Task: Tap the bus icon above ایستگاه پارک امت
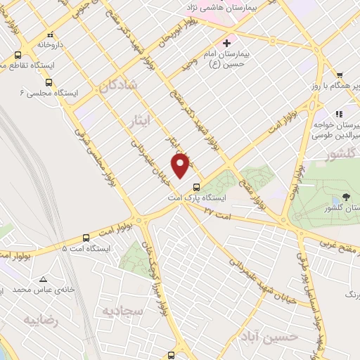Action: (196, 187)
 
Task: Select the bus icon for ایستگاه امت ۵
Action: (86, 237)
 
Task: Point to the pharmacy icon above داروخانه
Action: (49, 35)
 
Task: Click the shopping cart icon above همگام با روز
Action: (339, 75)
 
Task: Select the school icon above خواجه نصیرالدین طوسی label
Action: (339, 114)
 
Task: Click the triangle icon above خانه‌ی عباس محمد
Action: (44, 278)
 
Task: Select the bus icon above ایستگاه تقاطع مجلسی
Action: (17, 55)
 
